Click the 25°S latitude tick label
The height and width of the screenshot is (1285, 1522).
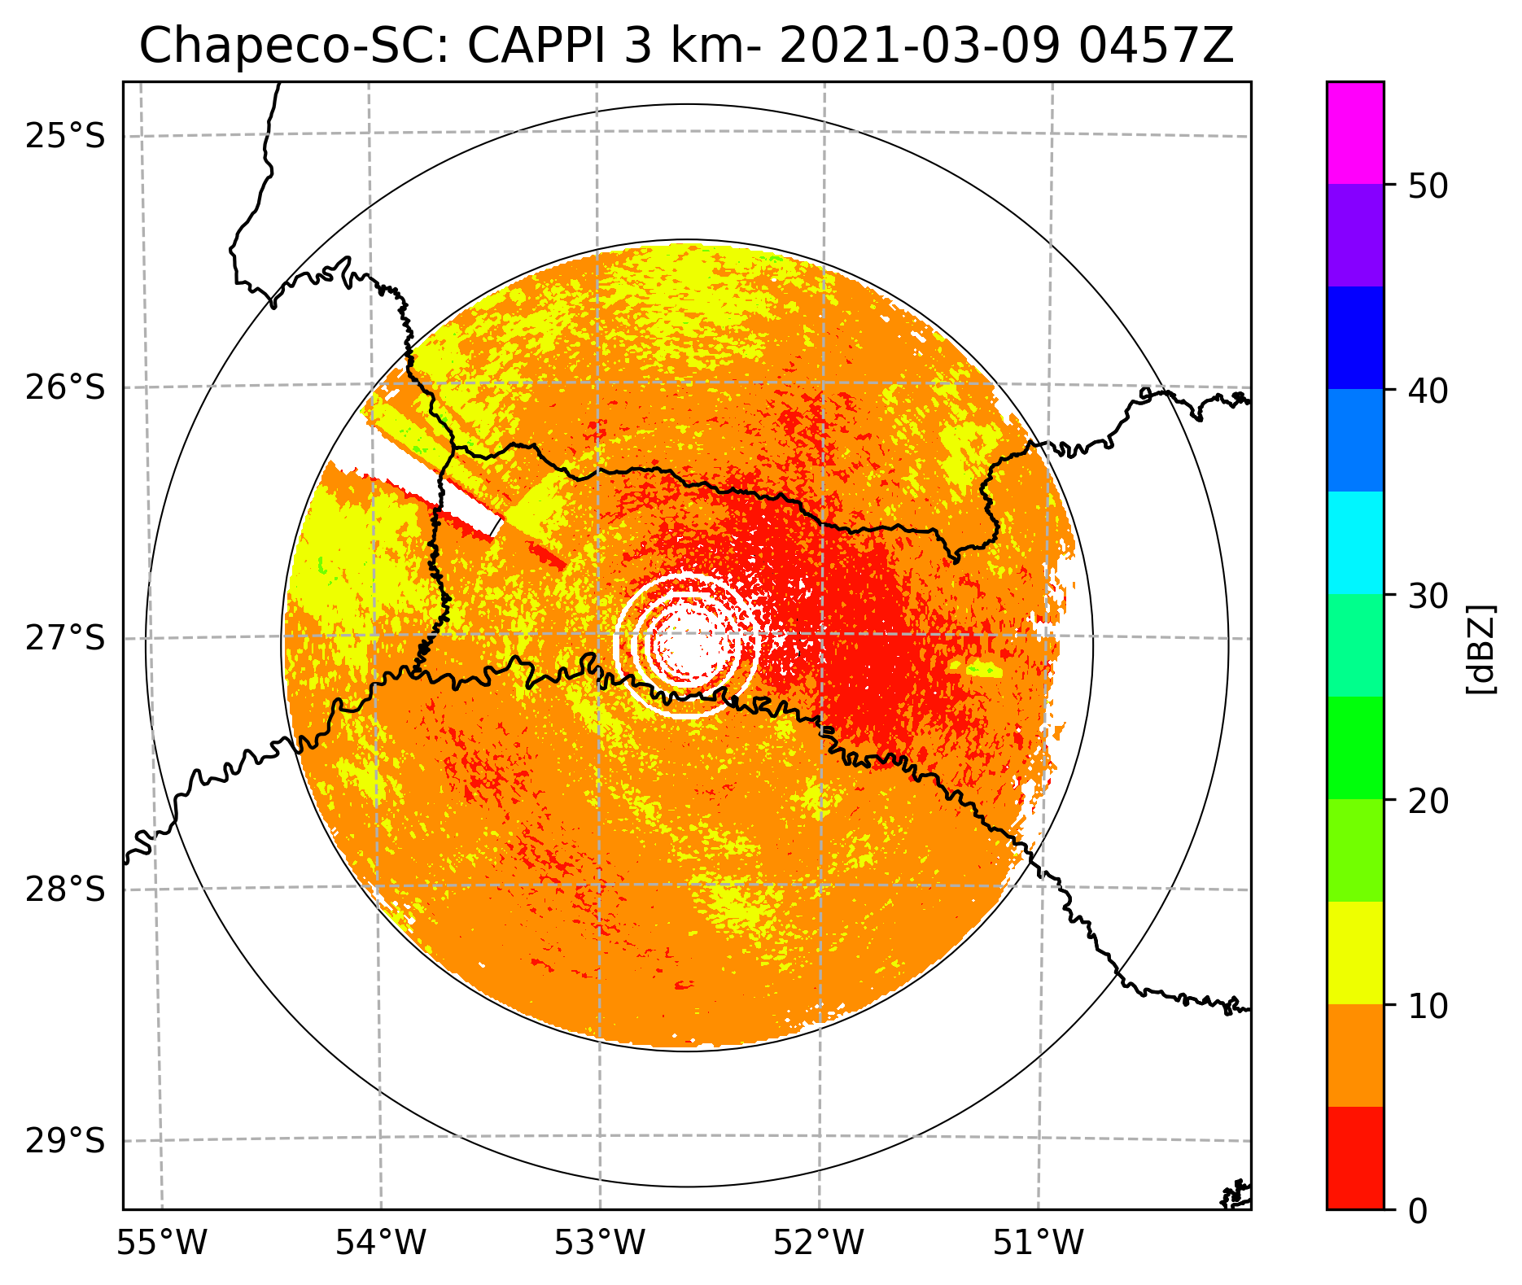click(66, 136)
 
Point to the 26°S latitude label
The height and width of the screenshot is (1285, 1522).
click(66, 387)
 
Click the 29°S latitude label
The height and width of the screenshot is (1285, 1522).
click(66, 1141)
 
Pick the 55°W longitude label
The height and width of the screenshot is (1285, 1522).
click(163, 1243)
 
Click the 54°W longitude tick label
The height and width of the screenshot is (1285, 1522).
click(382, 1243)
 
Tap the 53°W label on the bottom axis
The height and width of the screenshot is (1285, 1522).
click(601, 1243)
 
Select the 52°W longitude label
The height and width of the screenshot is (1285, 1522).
click(820, 1243)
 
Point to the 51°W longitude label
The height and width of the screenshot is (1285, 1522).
click(1039, 1243)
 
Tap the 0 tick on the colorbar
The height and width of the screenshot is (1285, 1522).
click(1417, 1211)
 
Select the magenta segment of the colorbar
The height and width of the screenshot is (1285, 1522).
click(1354, 133)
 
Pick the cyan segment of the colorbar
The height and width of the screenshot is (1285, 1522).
click(1354, 543)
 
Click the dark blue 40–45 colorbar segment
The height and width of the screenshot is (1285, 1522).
click(1354, 338)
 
